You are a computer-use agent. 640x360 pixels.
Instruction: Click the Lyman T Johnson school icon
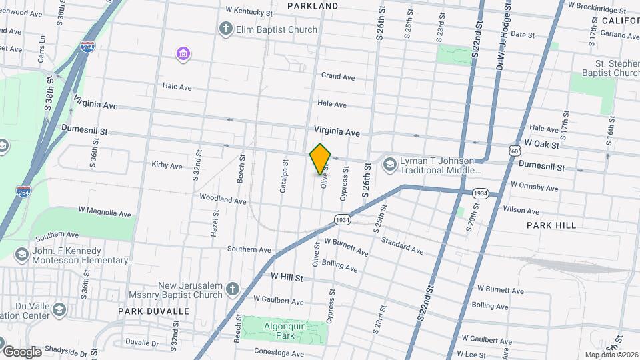(389, 163)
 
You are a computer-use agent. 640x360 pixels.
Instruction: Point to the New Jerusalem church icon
(231, 289)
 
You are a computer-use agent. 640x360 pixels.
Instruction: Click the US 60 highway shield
(513, 151)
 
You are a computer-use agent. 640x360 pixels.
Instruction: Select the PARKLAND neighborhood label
(313, 6)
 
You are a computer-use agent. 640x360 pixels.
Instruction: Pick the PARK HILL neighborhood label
(551, 225)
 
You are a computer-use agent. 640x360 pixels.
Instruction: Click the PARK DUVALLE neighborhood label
(154, 311)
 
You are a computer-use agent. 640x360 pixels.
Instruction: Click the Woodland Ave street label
(223, 200)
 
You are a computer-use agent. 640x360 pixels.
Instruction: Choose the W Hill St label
(287, 275)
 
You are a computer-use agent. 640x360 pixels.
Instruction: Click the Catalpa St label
(284, 176)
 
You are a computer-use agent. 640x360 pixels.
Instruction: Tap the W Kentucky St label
(249, 11)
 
